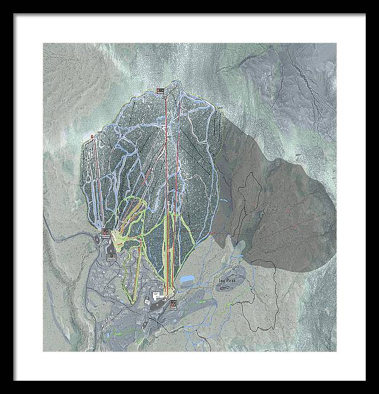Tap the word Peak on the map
(x=229, y=277)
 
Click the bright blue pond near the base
(x=188, y=278)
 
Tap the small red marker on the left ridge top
(x=92, y=136)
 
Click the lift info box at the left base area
(x=104, y=237)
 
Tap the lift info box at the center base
(x=172, y=302)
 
